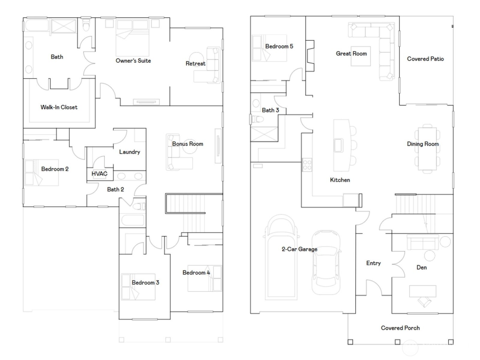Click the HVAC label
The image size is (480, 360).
click(99, 174)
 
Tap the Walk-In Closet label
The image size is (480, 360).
click(59, 107)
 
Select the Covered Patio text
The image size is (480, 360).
click(425, 59)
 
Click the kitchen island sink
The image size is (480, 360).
click(338, 145)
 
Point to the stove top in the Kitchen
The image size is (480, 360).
click(307, 165)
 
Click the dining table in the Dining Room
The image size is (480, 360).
click(427, 148)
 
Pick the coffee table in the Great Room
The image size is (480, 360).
click(361, 56)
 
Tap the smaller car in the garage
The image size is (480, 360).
click(326, 262)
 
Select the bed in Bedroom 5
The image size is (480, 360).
click(269, 48)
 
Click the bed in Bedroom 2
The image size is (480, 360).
click(41, 172)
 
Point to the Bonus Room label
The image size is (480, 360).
click(187, 144)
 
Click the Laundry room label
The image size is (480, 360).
click(130, 152)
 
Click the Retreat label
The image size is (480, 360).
click(195, 64)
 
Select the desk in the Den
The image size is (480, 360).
click(423, 291)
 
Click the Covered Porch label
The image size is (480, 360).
click(400, 328)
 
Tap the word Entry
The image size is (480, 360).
click(373, 263)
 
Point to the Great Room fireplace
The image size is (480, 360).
click(310, 56)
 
